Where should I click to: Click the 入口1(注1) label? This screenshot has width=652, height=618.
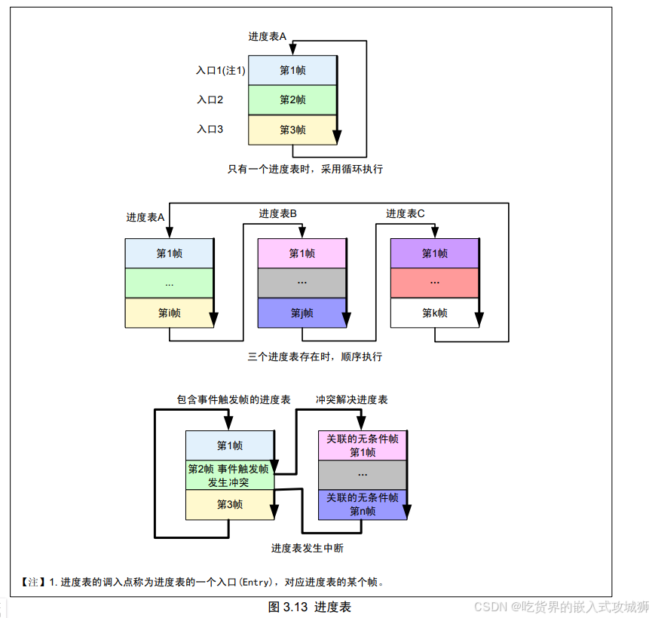pyautogui.click(x=221, y=70)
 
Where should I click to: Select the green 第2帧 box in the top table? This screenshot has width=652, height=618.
pyautogui.click(x=292, y=100)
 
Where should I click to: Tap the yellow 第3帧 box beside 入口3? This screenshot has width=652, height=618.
pyautogui.click(x=292, y=130)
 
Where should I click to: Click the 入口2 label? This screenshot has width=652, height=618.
pyautogui.click(x=210, y=99)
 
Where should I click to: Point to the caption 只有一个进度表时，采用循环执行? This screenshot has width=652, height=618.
pyautogui.click(x=305, y=169)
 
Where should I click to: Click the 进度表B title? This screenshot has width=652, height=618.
pyautogui.click(x=278, y=214)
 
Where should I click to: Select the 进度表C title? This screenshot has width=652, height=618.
pyautogui.click(x=406, y=214)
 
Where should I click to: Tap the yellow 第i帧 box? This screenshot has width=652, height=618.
pyautogui.click(x=170, y=313)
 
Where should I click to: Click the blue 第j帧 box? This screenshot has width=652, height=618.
pyautogui.click(x=302, y=313)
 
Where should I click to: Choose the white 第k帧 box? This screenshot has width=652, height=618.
pyautogui.click(x=435, y=313)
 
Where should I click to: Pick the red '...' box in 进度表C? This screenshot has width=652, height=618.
pyautogui.click(x=435, y=283)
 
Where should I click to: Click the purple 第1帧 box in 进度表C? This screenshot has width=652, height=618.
pyautogui.click(x=435, y=253)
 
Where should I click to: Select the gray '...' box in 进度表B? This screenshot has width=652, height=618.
pyautogui.click(x=302, y=283)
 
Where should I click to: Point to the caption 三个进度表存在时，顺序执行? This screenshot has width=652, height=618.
pyautogui.click(x=315, y=356)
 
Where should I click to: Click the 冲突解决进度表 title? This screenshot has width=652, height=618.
pyautogui.click(x=352, y=399)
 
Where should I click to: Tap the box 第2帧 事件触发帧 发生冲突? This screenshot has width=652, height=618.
pyautogui.click(x=229, y=476)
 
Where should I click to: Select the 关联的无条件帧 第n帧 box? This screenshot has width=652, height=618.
pyautogui.click(x=363, y=504)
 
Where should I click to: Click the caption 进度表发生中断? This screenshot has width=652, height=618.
pyautogui.click(x=308, y=548)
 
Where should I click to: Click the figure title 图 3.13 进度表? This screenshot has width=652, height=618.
pyautogui.click(x=310, y=607)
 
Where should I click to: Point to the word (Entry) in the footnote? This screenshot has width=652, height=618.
pyautogui.click(x=256, y=582)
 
